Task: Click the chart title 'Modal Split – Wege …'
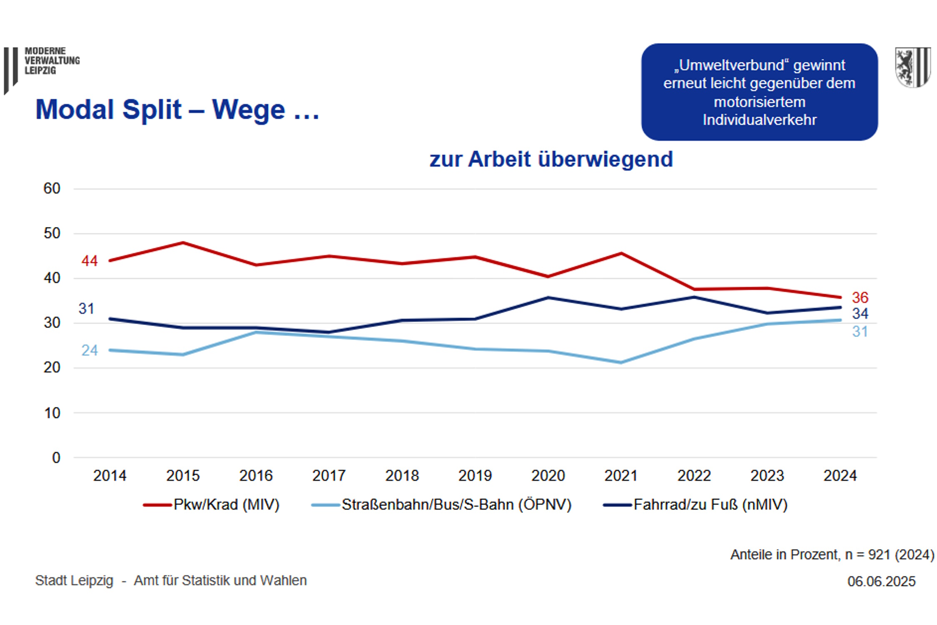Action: [177, 110]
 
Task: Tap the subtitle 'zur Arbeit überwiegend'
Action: [551, 159]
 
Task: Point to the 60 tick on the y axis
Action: [52, 189]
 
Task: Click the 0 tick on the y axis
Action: [56, 457]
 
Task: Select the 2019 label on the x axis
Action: [475, 475]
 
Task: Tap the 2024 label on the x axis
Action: [840, 475]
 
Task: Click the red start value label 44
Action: [90, 261]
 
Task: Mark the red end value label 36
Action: [860, 297]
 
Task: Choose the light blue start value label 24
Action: [90, 350]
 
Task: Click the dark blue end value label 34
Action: [860, 313]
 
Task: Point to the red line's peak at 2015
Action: [183, 242]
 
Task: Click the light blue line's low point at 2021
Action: [621, 362]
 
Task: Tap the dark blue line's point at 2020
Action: [548, 297]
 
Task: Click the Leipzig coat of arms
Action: [913, 67]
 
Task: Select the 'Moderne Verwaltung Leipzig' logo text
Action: [52, 61]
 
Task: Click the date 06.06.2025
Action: [881, 581]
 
